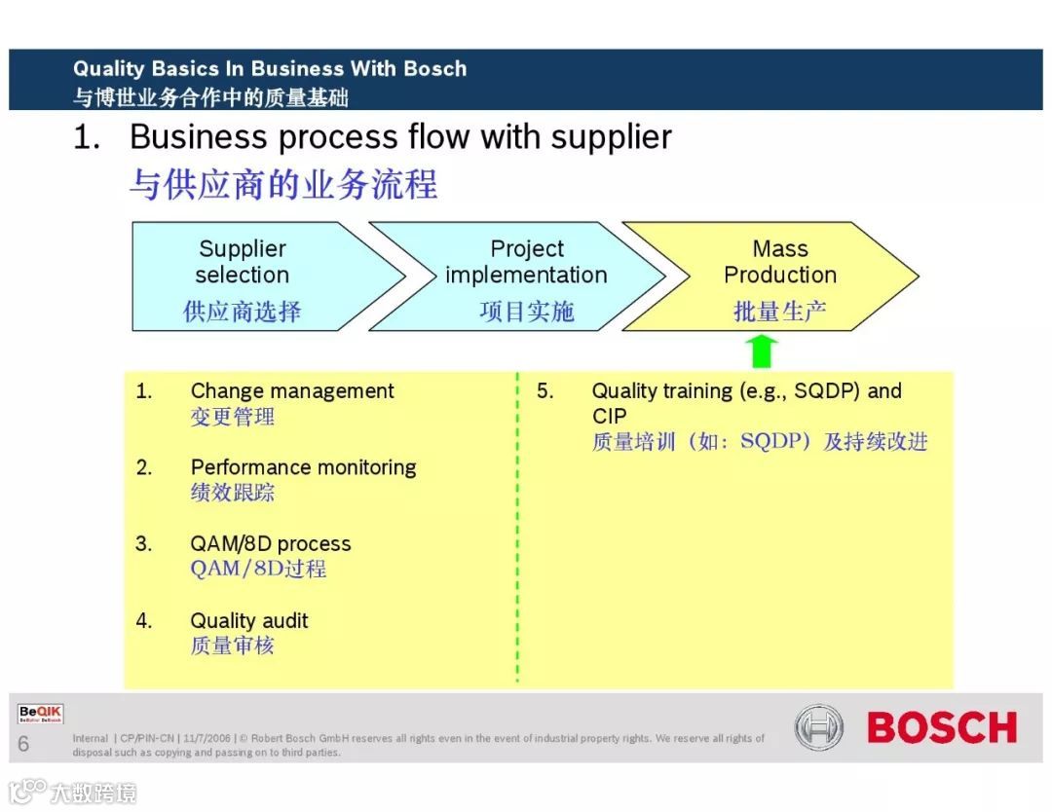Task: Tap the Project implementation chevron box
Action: pos(516,277)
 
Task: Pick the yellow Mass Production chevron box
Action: pos(770,277)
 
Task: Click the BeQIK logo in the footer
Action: pos(40,715)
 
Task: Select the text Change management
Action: pos(292,391)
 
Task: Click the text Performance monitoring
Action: pos(303,467)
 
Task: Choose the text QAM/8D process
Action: pos(270,544)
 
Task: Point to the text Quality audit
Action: pos(249,621)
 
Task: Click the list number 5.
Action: pos(545,391)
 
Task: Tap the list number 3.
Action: pos(144,544)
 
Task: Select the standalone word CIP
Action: pos(610,417)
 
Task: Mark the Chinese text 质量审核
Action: pos(232,646)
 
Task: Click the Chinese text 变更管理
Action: pos(232,417)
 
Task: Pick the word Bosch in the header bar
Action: pos(434,69)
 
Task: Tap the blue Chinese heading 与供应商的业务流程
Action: pos(283,184)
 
